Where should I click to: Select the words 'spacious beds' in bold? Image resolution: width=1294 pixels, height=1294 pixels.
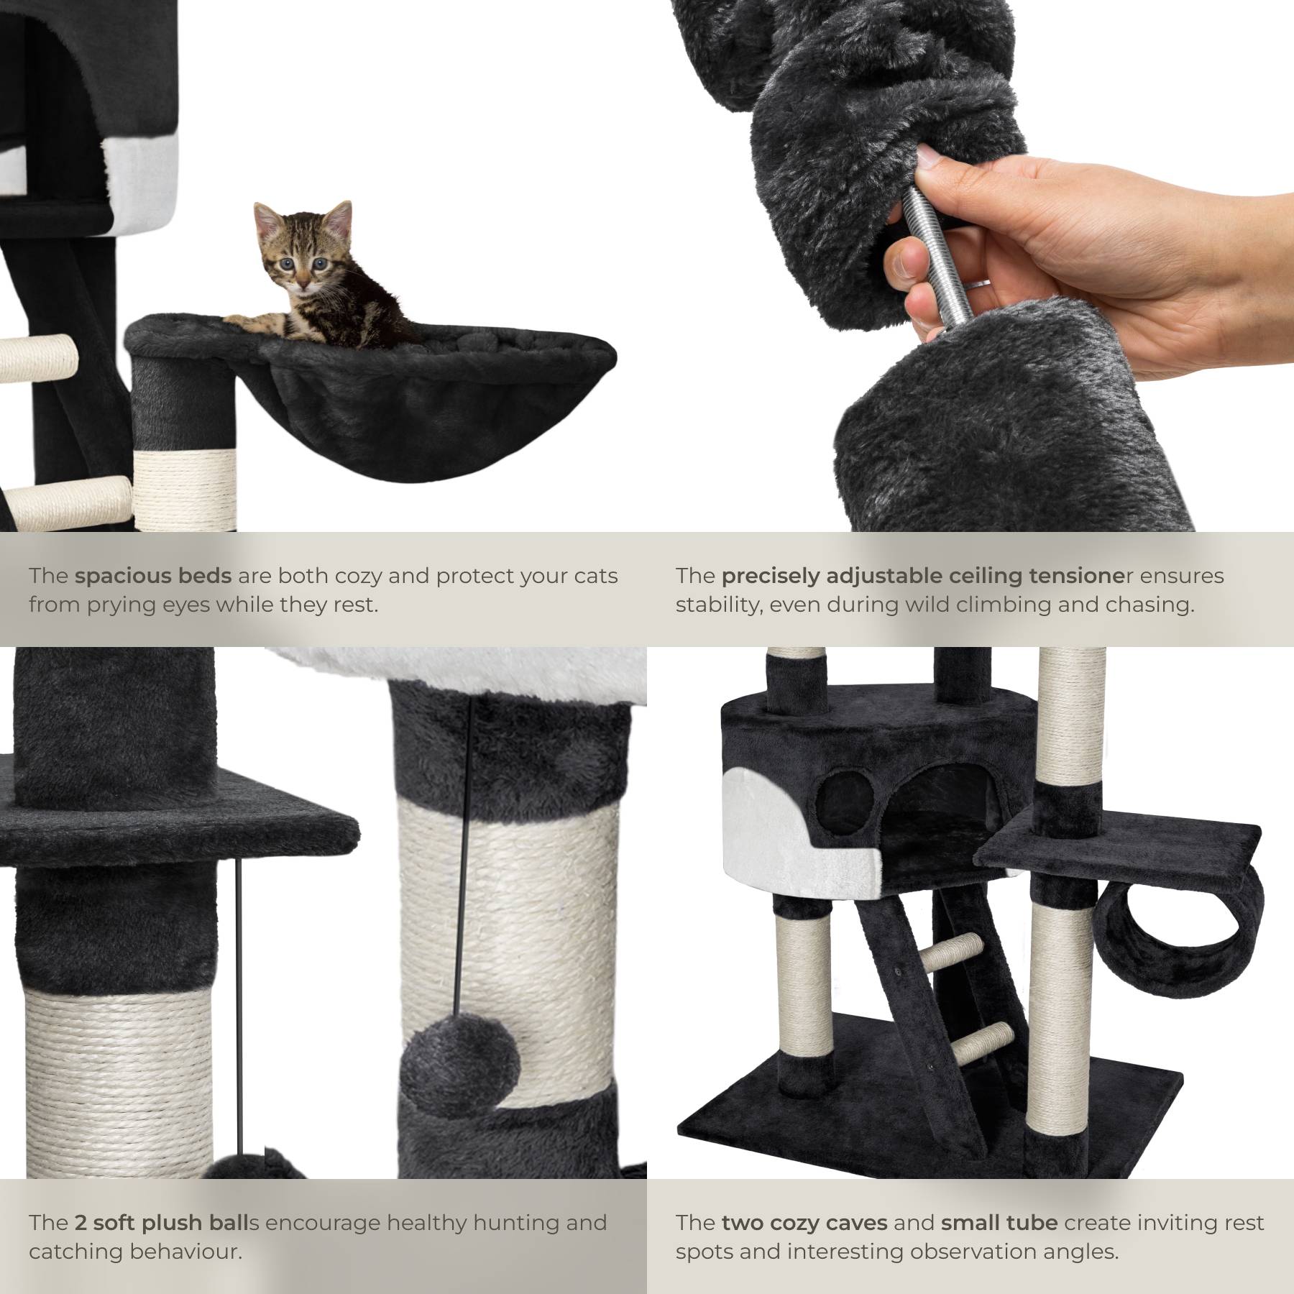coord(153,576)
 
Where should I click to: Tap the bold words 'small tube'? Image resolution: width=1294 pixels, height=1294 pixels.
coord(999,1222)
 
